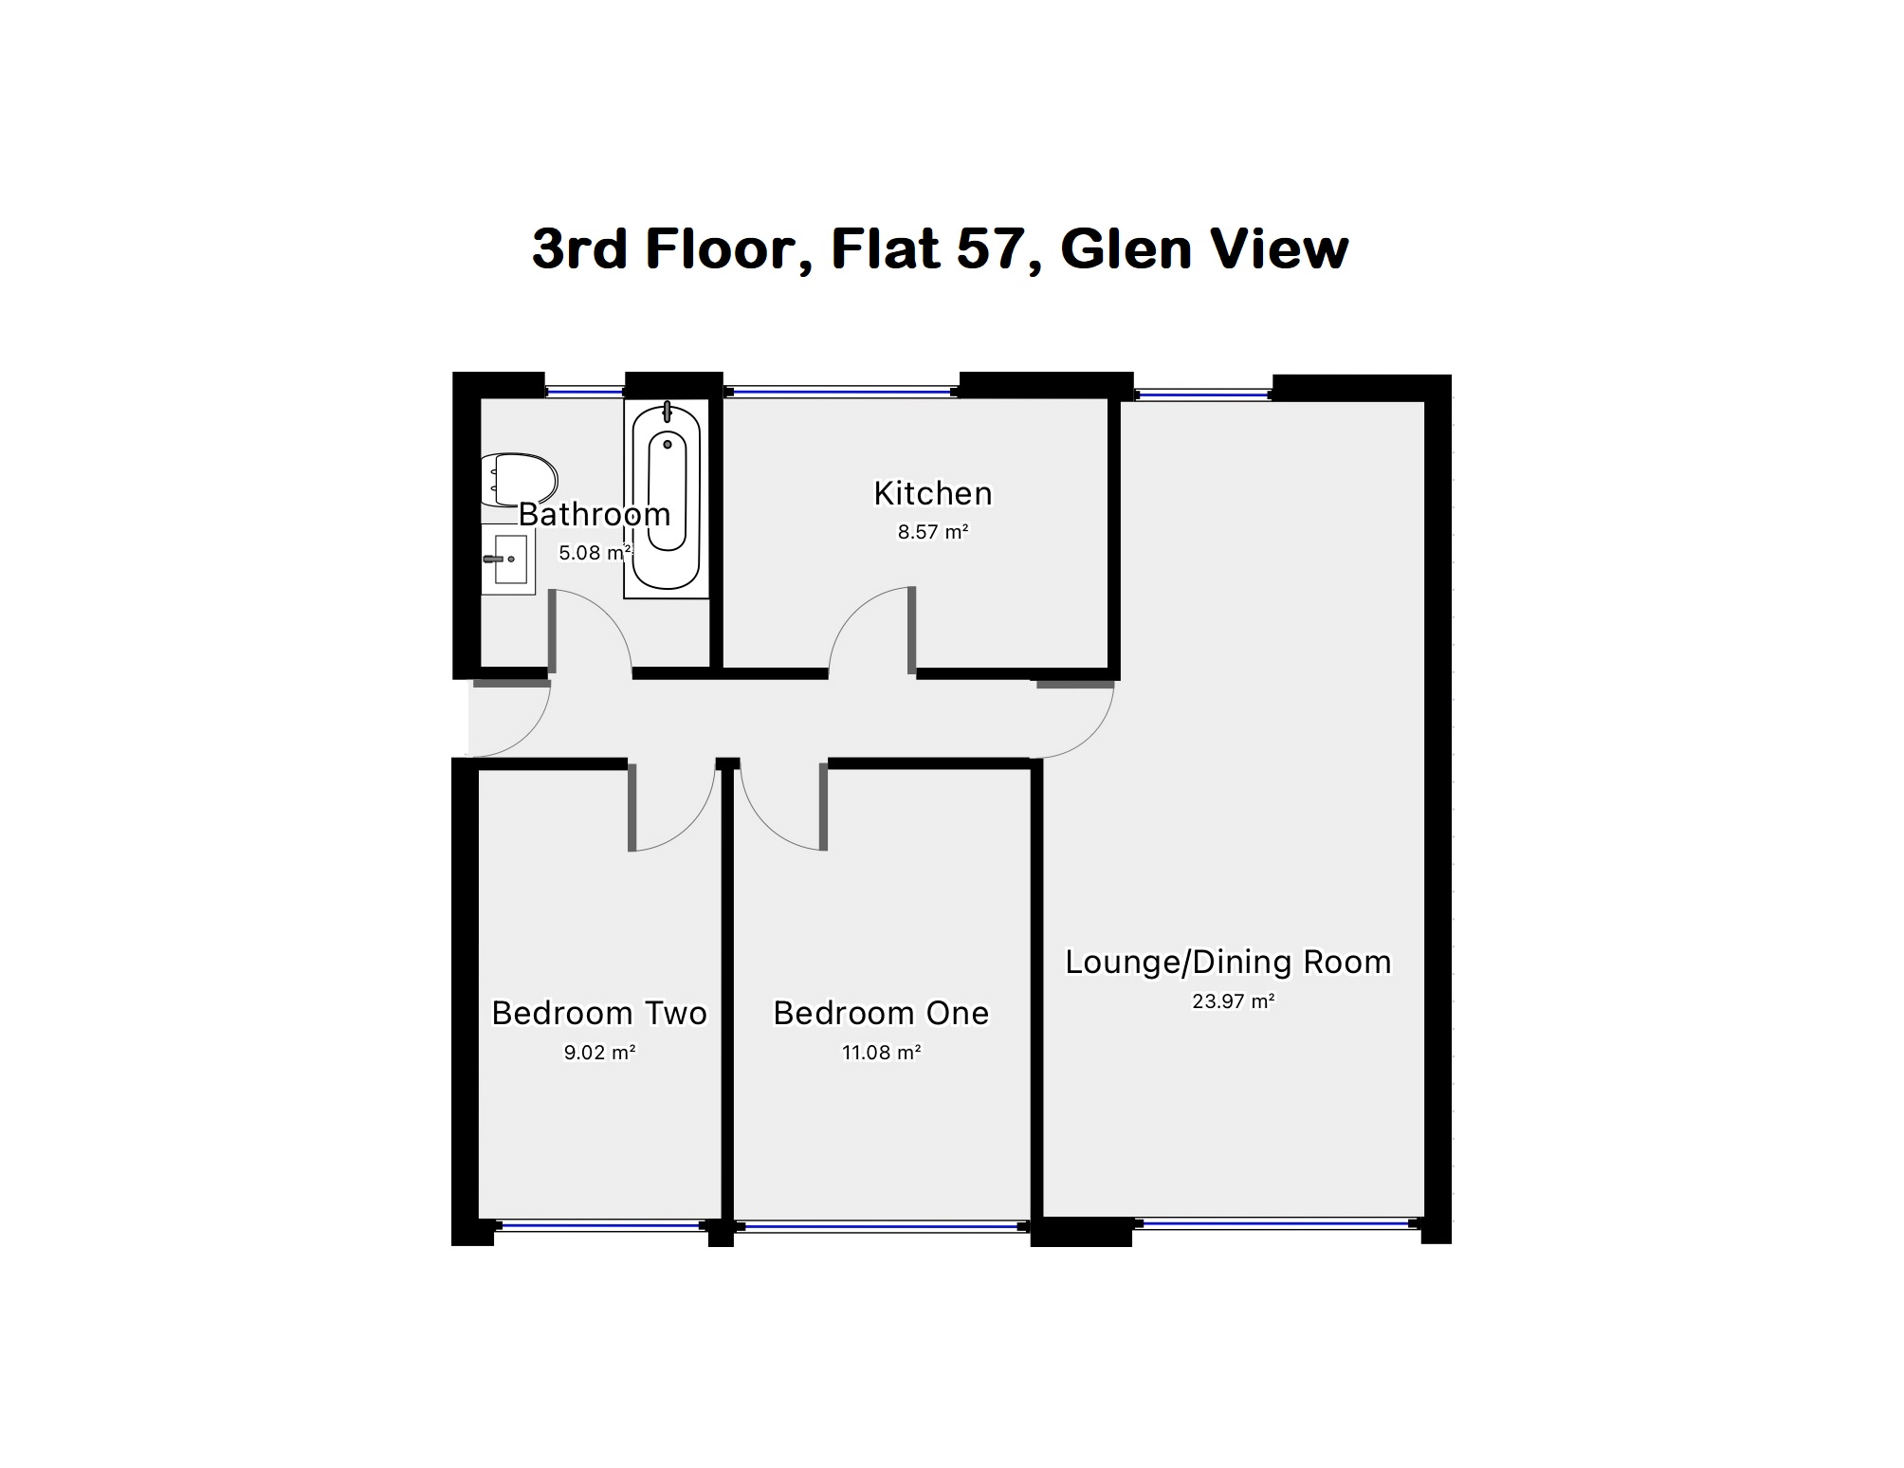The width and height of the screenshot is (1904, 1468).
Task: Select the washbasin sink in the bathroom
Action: tap(509, 560)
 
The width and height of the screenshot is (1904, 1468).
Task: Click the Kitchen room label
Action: tap(933, 494)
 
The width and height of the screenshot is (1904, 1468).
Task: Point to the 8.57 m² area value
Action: tap(933, 533)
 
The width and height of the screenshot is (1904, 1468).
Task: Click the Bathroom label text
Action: tap(595, 515)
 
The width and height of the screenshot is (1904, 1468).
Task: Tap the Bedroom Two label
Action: tap(599, 1014)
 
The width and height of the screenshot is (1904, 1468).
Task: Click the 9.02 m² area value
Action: tap(599, 1053)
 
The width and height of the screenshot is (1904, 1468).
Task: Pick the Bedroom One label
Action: tap(881, 1014)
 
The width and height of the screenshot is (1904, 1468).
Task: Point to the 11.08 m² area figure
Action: tap(881, 1053)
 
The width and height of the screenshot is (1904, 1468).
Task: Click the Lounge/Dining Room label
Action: tap(1228, 963)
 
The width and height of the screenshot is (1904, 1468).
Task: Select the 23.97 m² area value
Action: tap(1233, 1001)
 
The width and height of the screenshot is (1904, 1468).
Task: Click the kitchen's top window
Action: tap(841, 391)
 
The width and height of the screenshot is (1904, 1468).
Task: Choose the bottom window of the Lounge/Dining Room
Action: tap(1275, 1224)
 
